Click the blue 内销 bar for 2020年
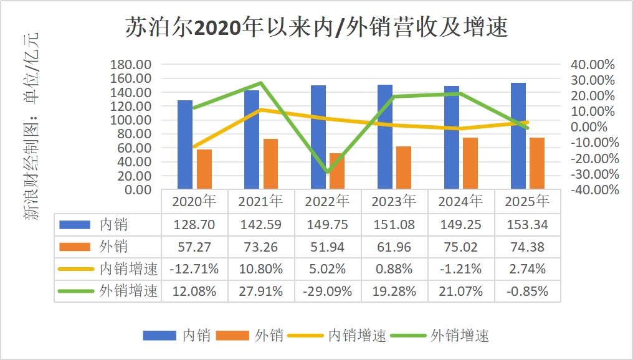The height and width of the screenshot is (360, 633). click(185, 144)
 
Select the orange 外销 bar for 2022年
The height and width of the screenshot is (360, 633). click(337, 171)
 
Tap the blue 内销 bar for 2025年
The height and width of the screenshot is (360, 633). click(518, 136)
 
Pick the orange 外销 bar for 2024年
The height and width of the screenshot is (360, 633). click(470, 163)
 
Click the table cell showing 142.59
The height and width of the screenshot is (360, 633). click(261, 225)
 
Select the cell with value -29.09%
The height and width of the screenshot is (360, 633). click(328, 291)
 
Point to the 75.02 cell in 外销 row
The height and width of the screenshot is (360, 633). click(461, 247)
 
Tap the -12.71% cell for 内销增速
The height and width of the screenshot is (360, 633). click(194, 269)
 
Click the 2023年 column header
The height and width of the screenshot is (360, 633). click(394, 202)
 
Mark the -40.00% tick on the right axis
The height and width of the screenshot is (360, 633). click(594, 189)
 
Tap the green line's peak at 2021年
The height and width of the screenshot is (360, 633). click(261, 83)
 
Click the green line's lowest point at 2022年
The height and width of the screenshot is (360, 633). click(328, 173)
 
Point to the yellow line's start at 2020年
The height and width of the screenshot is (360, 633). click(194, 146)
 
